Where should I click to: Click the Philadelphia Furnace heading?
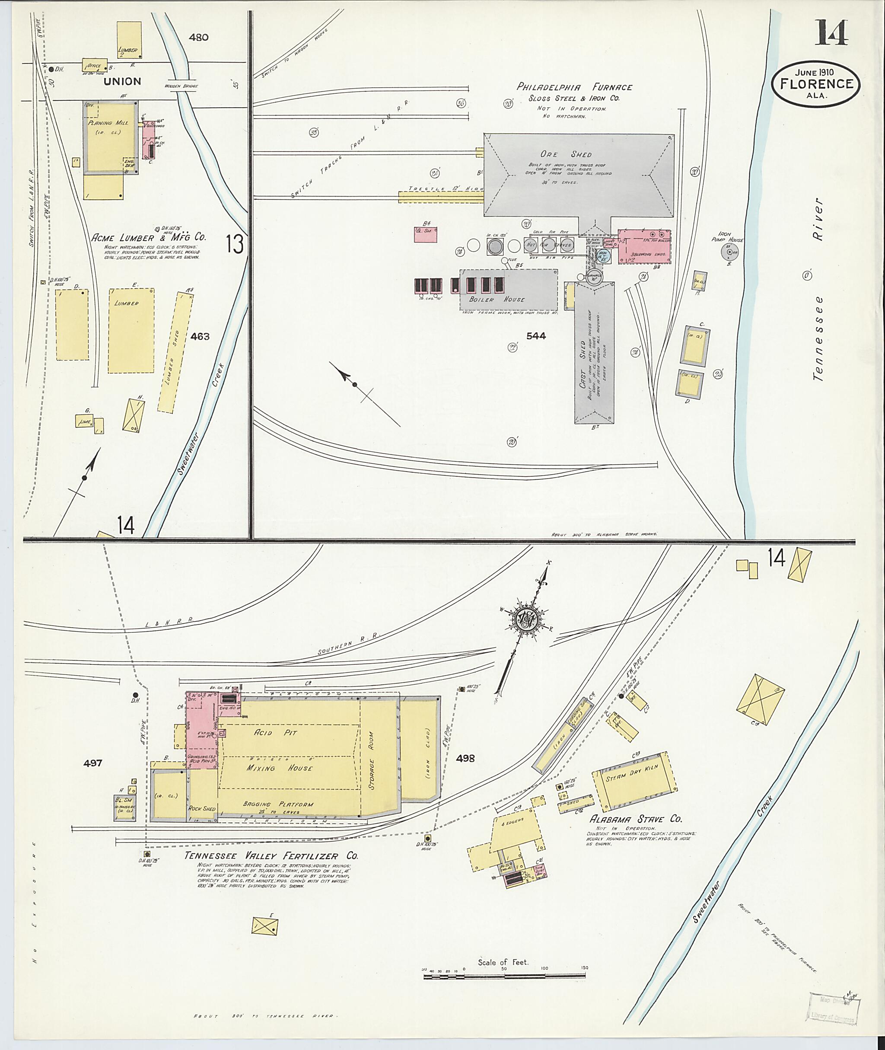coord(574,87)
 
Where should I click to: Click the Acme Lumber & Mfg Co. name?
coord(149,238)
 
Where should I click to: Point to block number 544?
coord(536,336)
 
